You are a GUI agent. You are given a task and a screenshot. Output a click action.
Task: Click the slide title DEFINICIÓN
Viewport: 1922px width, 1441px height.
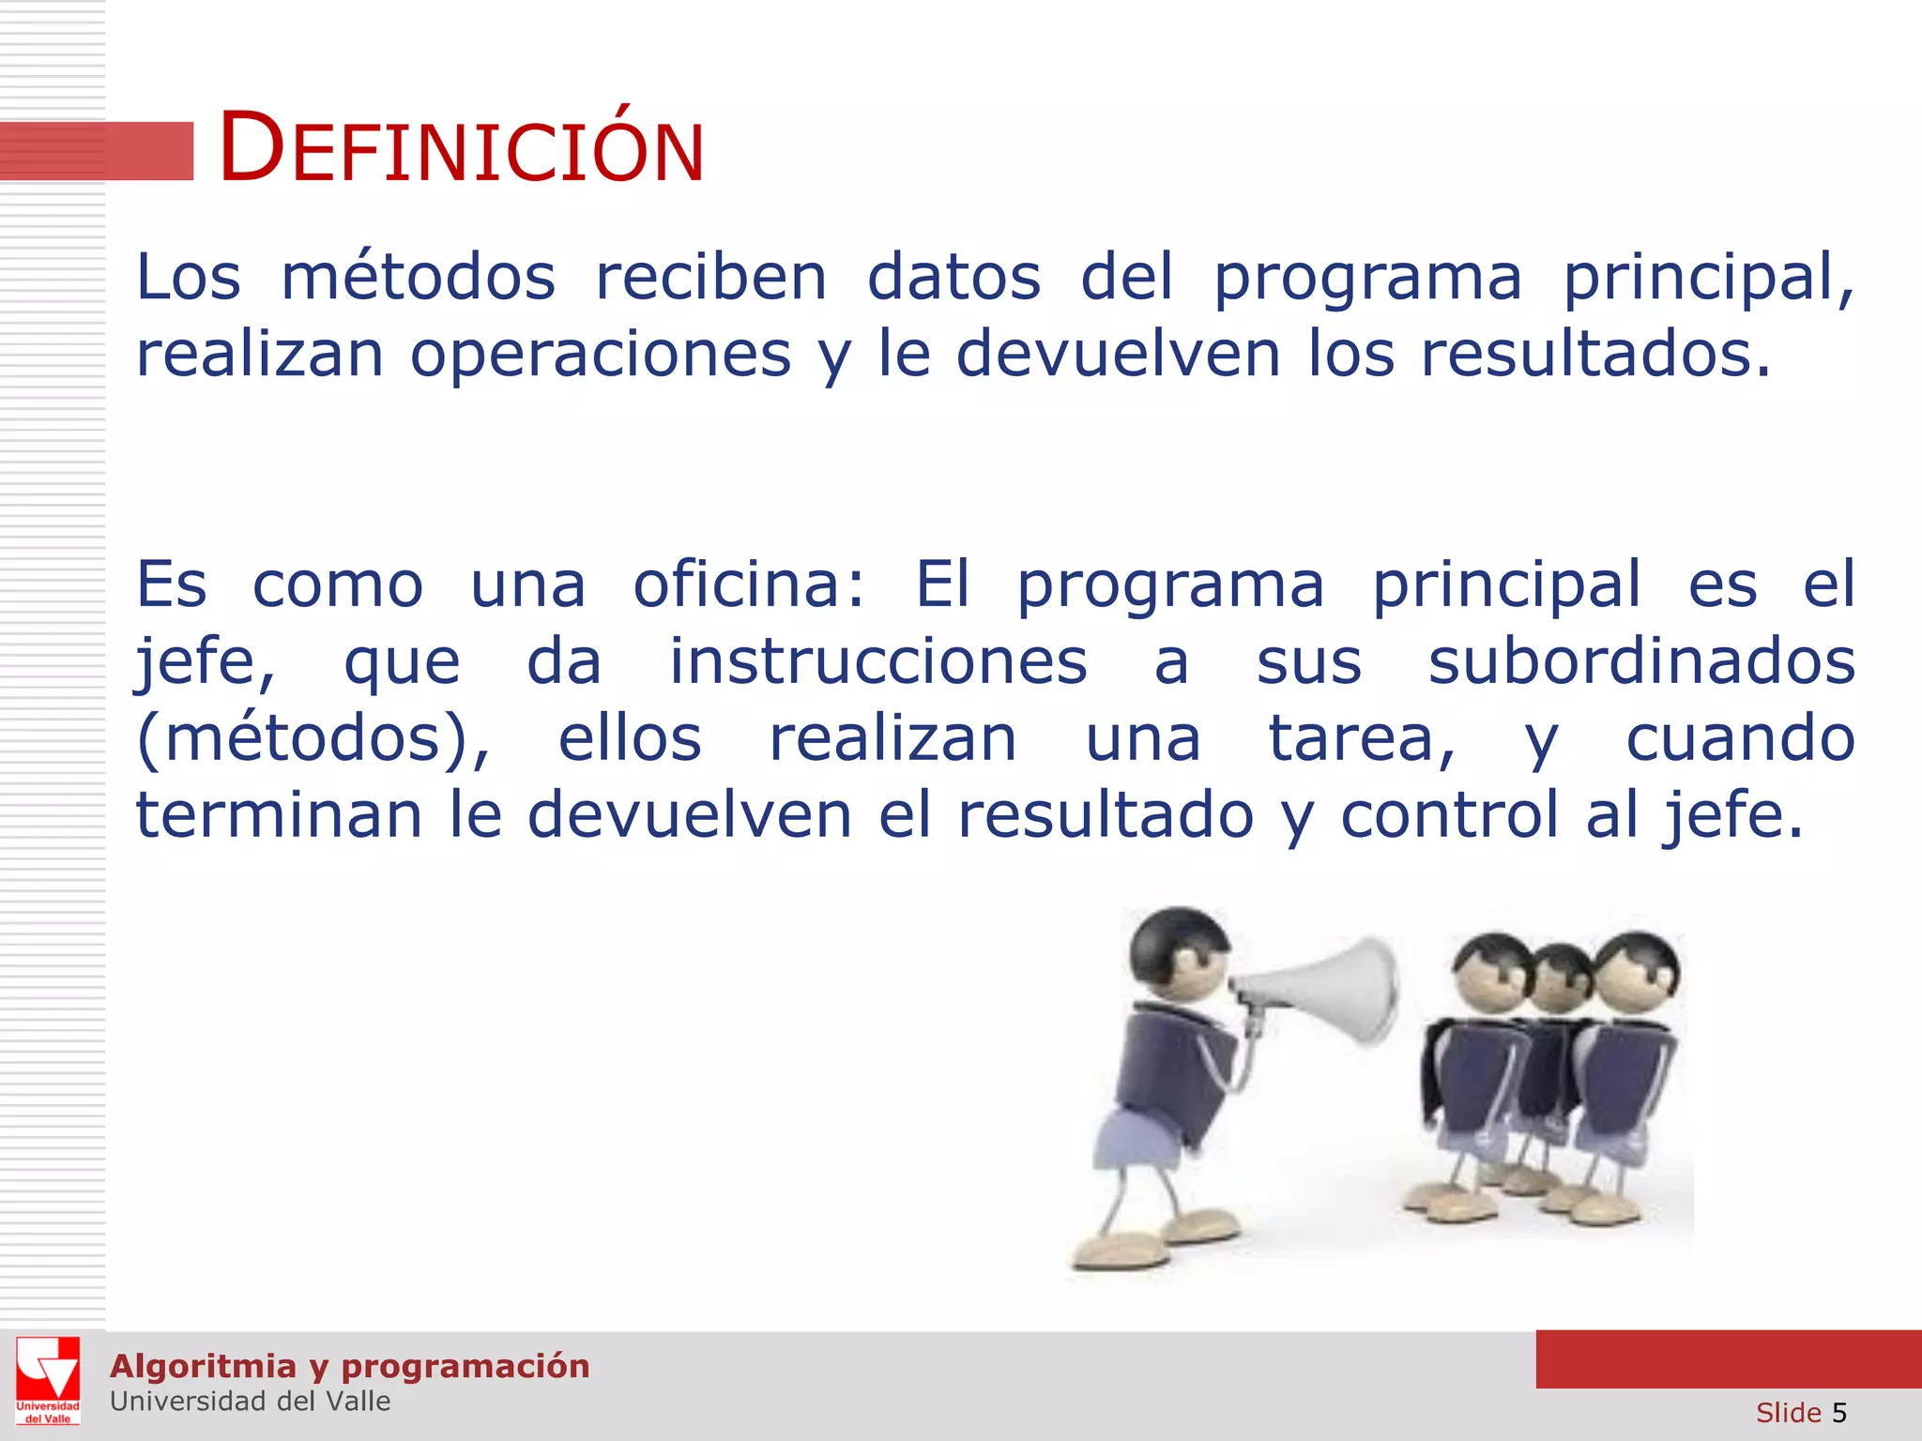[461, 148]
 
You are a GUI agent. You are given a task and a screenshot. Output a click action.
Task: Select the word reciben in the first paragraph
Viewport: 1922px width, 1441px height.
[711, 278]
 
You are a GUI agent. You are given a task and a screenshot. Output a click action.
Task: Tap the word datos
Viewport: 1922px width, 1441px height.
[953, 278]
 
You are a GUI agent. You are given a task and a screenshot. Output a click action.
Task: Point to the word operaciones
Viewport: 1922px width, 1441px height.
[601, 355]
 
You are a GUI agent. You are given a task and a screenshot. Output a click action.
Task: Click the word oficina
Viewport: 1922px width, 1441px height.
[748, 584]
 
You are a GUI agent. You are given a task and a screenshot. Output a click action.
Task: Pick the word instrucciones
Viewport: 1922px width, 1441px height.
[877, 661]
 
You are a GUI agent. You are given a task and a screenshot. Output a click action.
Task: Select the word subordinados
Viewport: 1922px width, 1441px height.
[1641, 661]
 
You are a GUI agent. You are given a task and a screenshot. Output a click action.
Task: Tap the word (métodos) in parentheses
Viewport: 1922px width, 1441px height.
[313, 739]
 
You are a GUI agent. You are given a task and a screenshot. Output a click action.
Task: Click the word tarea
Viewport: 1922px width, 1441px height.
[1362, 739]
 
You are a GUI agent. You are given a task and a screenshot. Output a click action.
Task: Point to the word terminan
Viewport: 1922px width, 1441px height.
[279, 814]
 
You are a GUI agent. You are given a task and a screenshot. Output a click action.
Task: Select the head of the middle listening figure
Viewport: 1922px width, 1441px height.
[1559, 976]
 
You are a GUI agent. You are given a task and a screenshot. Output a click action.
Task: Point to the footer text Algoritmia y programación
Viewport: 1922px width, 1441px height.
[349, 1366]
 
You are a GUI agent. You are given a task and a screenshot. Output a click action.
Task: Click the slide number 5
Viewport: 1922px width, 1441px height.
[1838, 1413]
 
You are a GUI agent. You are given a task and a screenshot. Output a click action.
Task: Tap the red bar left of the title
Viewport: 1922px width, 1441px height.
[96, 150]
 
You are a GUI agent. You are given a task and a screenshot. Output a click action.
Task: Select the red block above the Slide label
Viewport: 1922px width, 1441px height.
[1728, 1358]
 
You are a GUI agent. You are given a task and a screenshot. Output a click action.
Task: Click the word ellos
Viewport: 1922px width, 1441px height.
[630, 739]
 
